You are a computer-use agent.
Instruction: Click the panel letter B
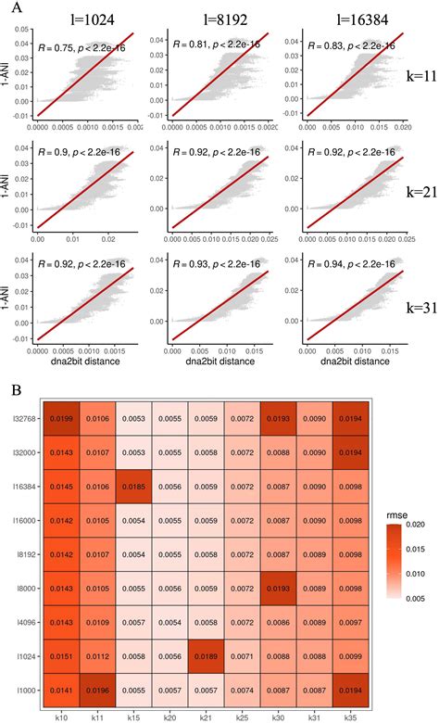tap(8, 382)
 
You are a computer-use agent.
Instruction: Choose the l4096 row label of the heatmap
tap(20, 608)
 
